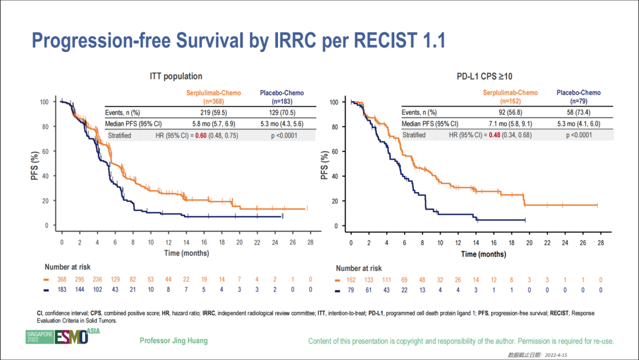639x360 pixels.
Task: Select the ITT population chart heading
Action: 176,76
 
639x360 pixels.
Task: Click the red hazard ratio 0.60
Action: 201,135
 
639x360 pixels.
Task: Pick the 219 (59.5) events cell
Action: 210,111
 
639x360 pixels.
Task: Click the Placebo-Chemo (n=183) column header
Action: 283,97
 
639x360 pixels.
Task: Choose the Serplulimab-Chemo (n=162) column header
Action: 510,97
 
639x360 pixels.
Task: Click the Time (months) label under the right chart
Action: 484,254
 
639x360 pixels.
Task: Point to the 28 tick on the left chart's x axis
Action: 311,242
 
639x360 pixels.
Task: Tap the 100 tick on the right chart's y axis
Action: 333,102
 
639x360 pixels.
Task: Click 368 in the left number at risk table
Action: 61,279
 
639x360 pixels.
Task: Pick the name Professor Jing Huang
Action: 173,341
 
